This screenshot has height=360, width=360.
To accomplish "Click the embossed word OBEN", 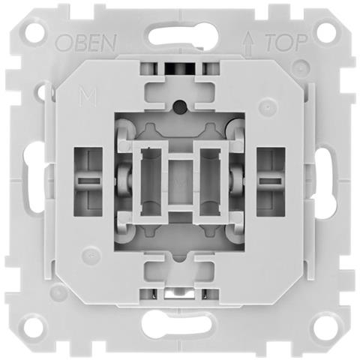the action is (86, 43).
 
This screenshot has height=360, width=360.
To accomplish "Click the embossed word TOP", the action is (286, 43).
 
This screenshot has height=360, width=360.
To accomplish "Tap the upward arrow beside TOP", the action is (249, 43).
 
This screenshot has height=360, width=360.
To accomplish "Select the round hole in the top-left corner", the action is (34, 33).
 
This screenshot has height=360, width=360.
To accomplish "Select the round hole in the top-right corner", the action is (326, 33).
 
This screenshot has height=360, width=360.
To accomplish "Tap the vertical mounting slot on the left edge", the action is (34, 177).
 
